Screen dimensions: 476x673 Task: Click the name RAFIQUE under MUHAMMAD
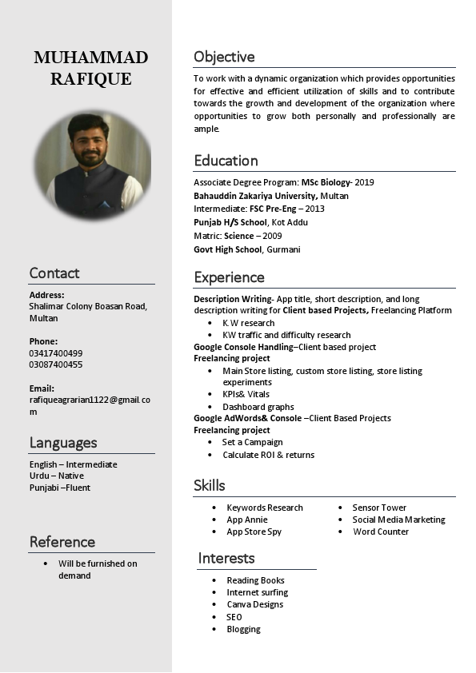point(90,79)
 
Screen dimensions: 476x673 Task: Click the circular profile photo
point(93,165)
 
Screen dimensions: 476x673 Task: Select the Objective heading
point(224,57)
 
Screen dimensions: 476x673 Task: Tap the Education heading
point(226,161)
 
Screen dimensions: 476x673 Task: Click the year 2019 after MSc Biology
point(364,182)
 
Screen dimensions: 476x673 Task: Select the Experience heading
point(229,277)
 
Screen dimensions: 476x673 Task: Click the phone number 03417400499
point(56,353)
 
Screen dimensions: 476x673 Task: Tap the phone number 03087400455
point(56,364)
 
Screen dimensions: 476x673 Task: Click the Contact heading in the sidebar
point(54,273)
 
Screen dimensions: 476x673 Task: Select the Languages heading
point(63,443)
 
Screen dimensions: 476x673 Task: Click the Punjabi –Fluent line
point(60,488)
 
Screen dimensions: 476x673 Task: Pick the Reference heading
point(62,542)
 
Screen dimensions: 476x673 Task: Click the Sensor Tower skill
point(379,508)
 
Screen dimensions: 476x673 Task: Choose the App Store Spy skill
point(254,532)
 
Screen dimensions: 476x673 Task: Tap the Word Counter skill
point(381,532)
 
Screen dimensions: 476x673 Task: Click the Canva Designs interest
point(254,604)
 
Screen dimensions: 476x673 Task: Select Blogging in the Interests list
point(243,629)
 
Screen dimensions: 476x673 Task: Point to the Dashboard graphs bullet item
point(258,407)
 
